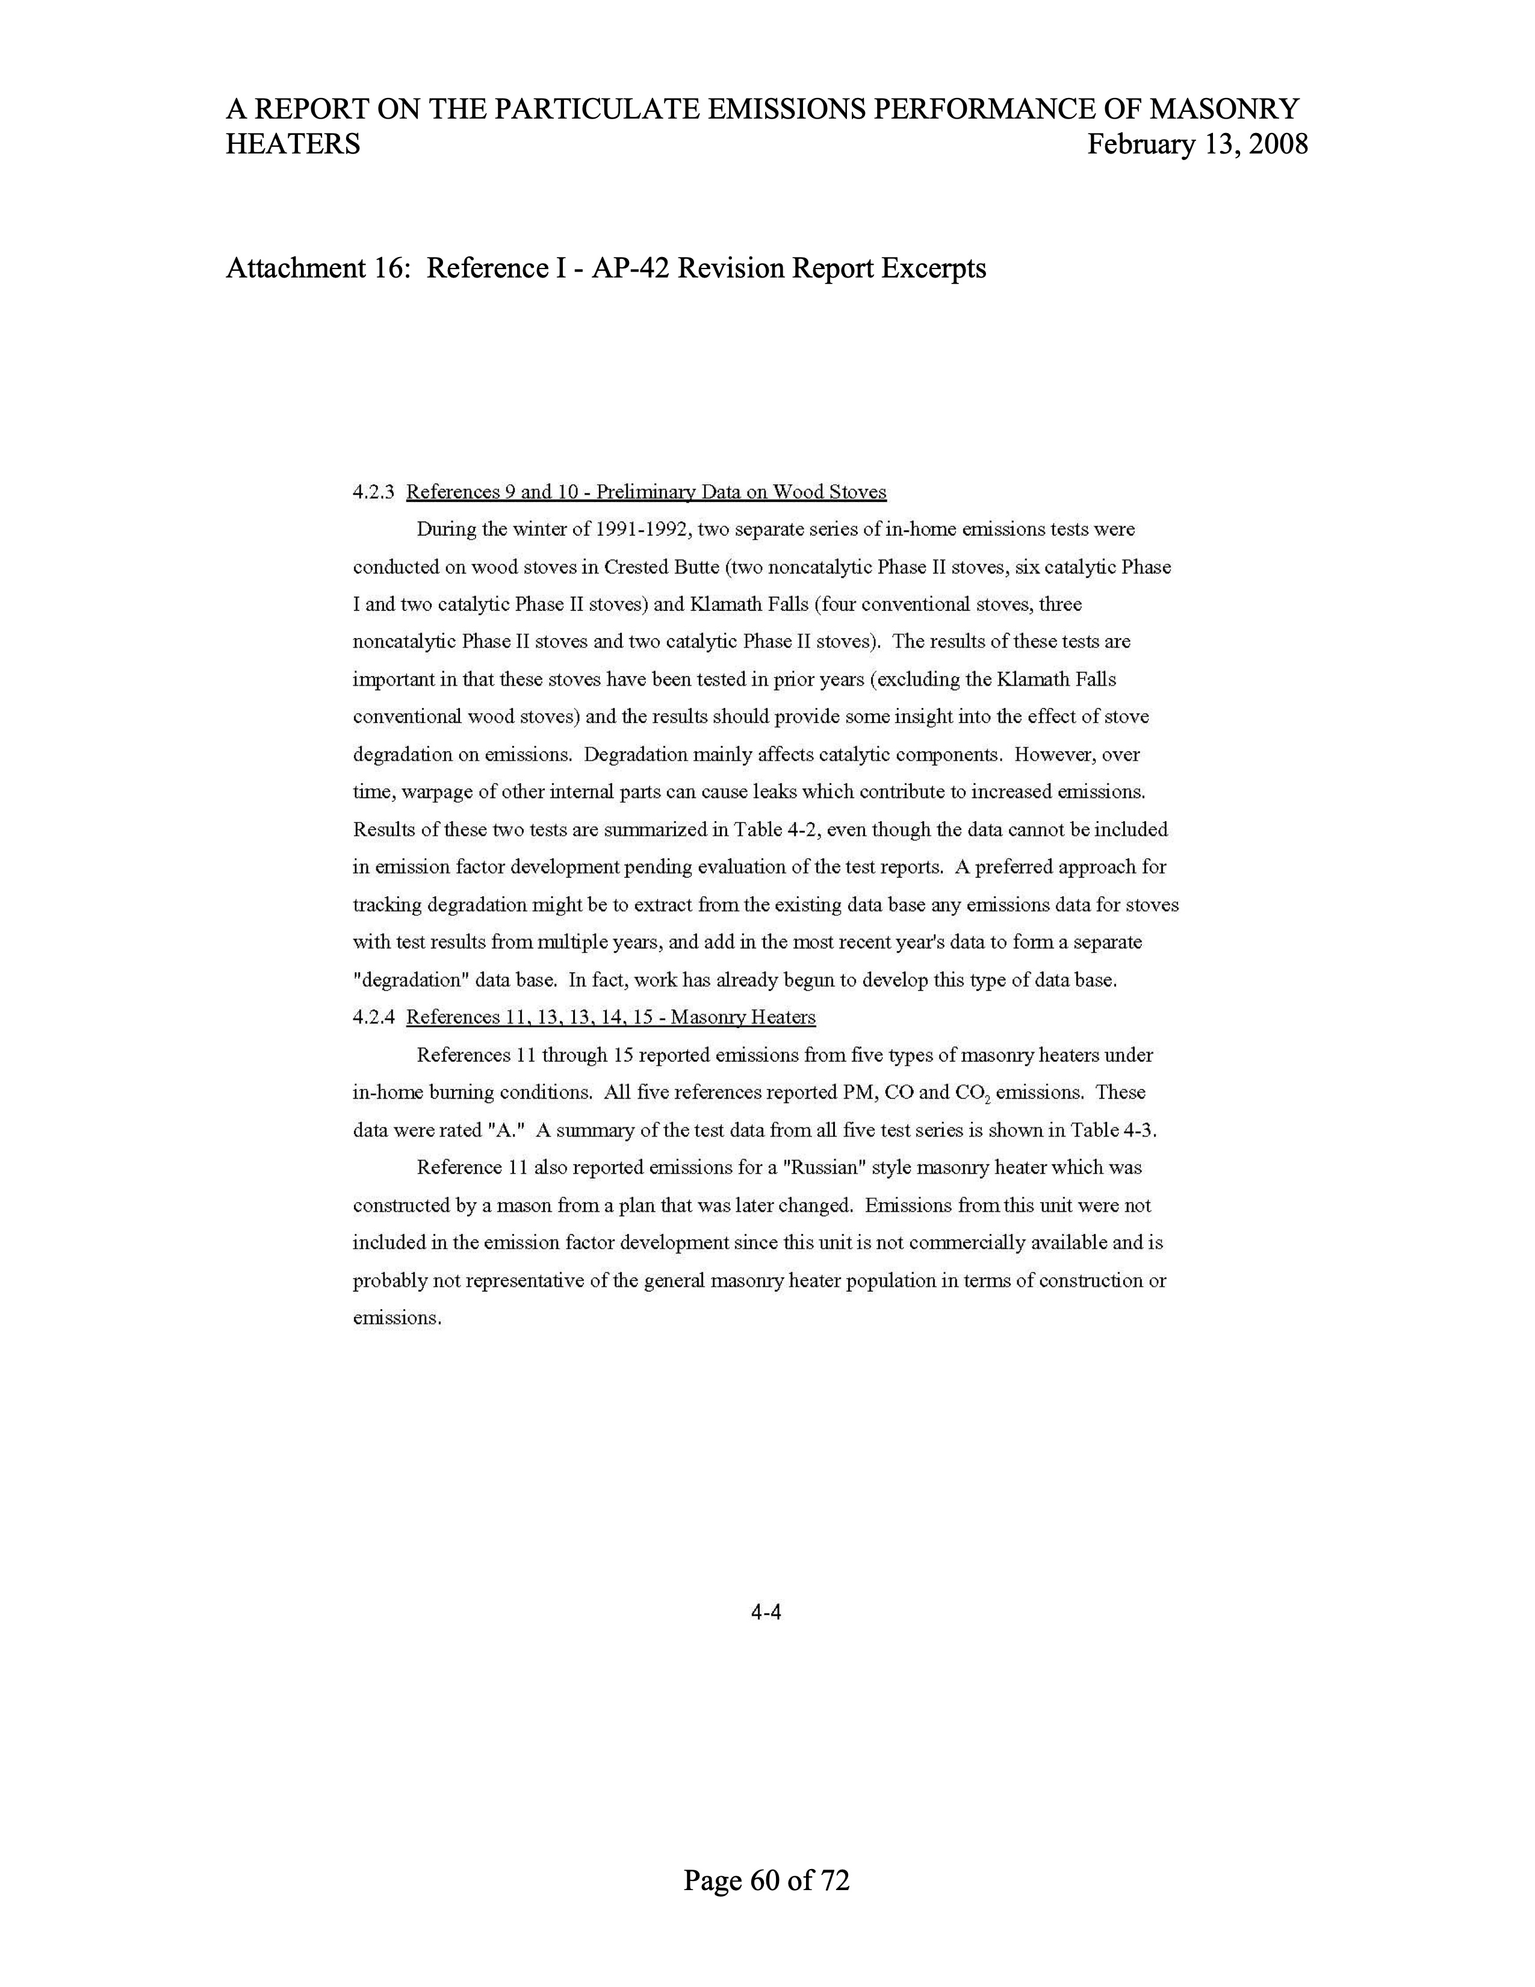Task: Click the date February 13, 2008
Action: [1197, 144]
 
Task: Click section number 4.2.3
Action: [373, 493]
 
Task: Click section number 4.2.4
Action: [373, 1018]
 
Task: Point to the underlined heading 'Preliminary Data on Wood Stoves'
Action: [740, 493]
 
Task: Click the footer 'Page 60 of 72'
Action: [766, 1880]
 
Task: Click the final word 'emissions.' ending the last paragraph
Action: [397, 1318]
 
